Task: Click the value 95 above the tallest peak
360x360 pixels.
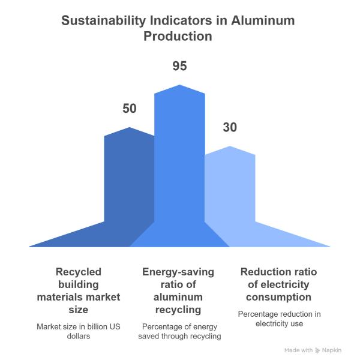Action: pos(179,66)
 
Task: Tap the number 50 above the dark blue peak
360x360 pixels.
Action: pos(130,109)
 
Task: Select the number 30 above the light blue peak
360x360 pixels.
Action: pos(230,128)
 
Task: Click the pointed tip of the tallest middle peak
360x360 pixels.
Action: pos(179,85)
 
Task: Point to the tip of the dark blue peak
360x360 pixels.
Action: pos(130,127)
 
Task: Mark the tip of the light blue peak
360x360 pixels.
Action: pos(230,146)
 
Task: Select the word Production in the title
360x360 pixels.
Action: pos(179,36)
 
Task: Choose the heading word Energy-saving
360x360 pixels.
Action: pos(178,272)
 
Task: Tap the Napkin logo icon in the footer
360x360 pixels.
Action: pos(317,349)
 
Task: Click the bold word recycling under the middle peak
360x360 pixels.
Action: pos(178,310)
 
